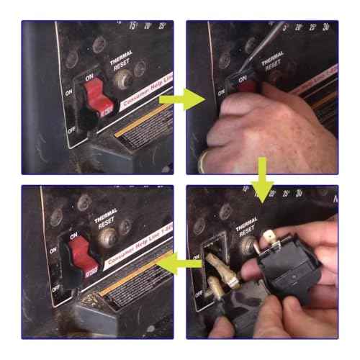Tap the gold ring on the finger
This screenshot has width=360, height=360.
204,160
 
